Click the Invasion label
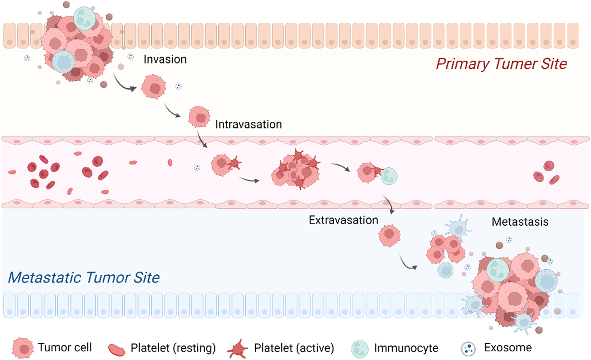click(165, 59)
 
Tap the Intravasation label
click(248, 124)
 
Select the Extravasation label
click(343, 220)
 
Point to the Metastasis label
click(520, 222)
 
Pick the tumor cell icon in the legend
click(23, 348)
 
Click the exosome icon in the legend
click(468, 349)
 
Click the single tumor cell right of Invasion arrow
click(154, 87)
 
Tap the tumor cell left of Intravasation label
click(199, 116)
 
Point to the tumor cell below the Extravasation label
click(389, 235)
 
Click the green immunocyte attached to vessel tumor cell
click(389, 176)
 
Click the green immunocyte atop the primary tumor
click(84, 18)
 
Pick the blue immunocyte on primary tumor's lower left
click(63, 62)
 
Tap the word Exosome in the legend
click(508, 348)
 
